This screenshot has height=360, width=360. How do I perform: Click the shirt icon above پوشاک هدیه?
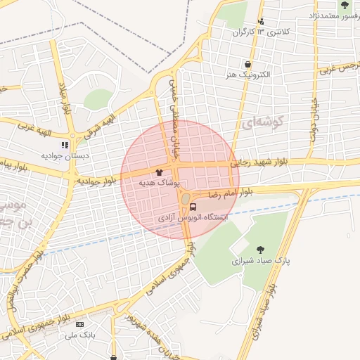click(160, 172)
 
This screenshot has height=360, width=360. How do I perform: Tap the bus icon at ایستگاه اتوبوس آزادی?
click(193, 207)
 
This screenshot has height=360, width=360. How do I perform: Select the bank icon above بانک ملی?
click(79, 324)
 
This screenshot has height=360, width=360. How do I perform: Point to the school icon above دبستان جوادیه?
click(65, 145)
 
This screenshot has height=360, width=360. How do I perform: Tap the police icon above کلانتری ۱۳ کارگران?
click(261, 22)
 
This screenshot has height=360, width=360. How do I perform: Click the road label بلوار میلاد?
click(65, 98)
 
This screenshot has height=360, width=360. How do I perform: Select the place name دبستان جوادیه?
click(65, 155)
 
